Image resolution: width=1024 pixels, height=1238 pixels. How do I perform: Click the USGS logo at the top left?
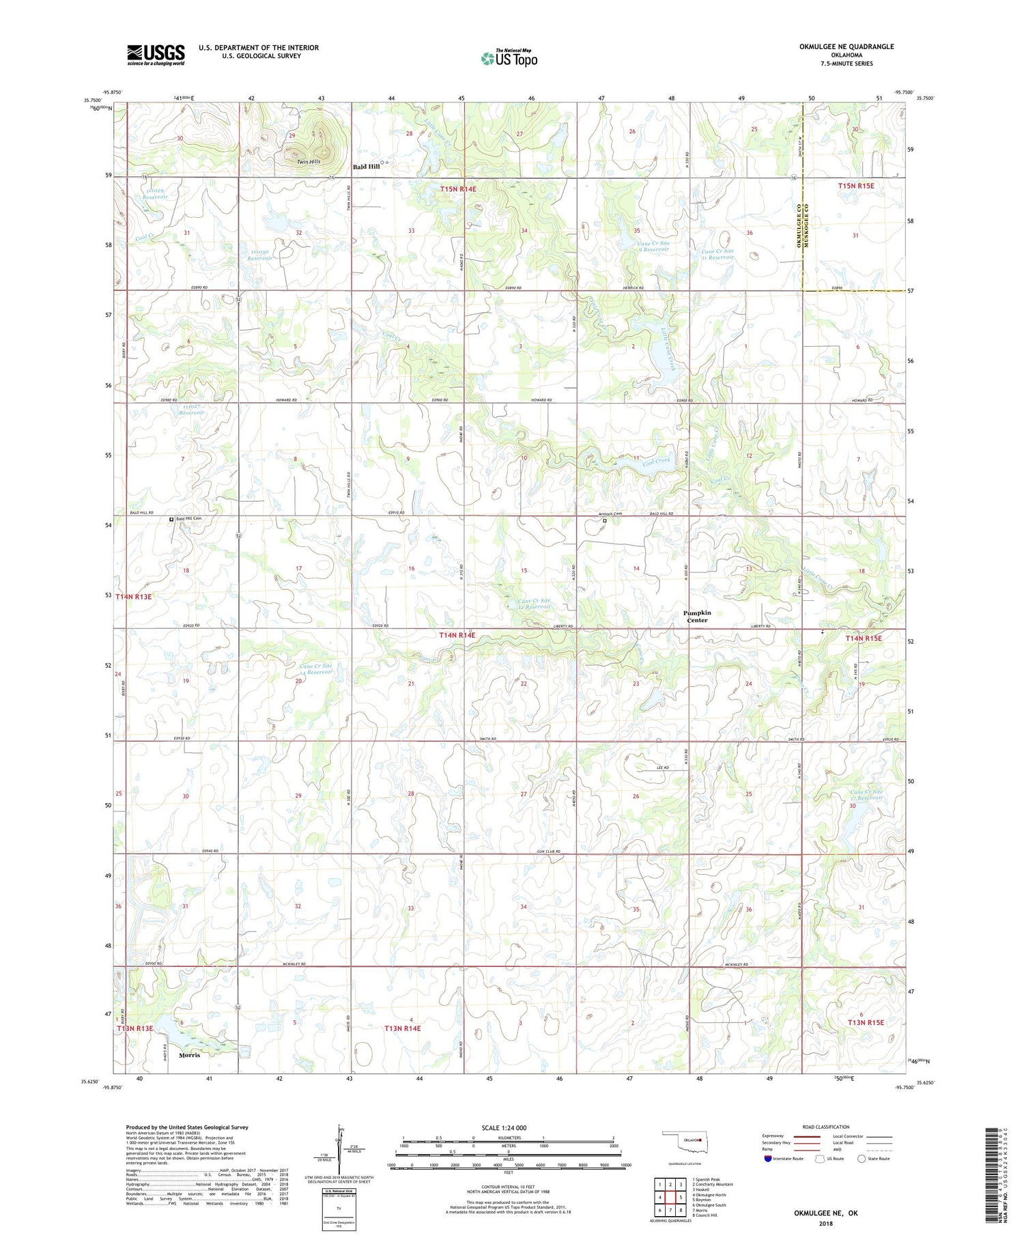[x=156, y=54]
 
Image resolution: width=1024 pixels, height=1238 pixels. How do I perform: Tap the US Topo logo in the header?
[x=509, y=58]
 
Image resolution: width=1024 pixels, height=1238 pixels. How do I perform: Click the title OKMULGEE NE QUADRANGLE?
[x=847, y=46]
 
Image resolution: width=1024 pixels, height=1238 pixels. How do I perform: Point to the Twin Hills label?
[x=309, y=162]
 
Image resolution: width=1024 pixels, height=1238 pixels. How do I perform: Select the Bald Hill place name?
[x=366, y=167]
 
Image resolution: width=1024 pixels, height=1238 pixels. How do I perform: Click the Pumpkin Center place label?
[x=697, y=616]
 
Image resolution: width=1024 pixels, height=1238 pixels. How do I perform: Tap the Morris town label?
[x=189, y=1055]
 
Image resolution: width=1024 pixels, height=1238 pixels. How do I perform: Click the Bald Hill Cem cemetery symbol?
[x=171, y=519]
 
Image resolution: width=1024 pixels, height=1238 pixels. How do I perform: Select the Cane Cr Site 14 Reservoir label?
[x=316, y=669]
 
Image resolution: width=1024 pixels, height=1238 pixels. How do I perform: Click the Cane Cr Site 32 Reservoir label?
[x=528, y=604]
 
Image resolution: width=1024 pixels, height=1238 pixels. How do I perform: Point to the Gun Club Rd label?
[x=548, y=852]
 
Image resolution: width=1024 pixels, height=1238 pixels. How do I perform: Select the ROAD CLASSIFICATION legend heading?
[x=825, y=1127]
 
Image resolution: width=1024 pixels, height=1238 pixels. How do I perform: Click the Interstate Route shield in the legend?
[x=769, y=1158]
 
